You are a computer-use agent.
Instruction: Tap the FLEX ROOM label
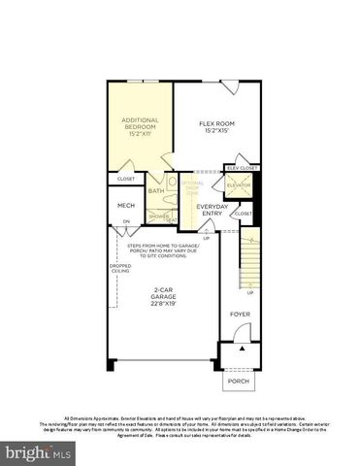click(216, 123)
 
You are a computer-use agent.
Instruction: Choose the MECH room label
click(126, 205)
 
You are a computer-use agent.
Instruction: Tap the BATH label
click(155, 190)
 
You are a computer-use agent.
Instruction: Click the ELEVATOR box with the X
click(238, 184)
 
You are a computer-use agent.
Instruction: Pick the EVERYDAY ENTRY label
click(212, 210)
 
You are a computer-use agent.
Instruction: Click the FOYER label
click(239, 315)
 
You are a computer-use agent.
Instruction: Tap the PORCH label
click(239, 381)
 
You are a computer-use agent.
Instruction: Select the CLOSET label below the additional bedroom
click(126, 179)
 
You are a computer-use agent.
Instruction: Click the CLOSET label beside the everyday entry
click(243, 213)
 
